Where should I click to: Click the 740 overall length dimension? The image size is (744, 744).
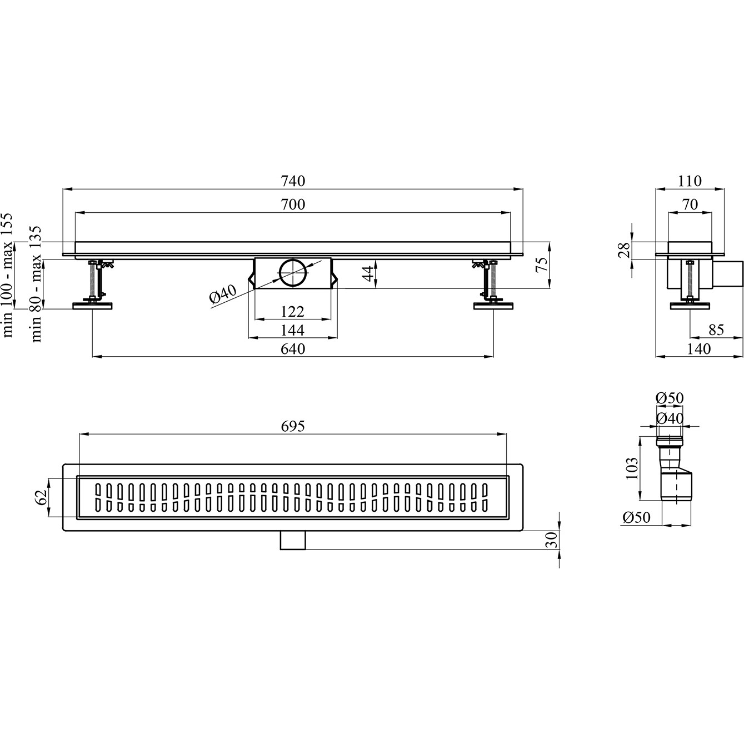click(293, 181)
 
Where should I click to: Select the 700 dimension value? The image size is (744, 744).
click(293, 204)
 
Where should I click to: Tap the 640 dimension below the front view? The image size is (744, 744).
click(293, 348)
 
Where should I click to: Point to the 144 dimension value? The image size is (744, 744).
click(293, 330)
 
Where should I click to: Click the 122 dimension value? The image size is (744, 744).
click(293, 312)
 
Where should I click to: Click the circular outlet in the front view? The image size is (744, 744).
click(293, 273)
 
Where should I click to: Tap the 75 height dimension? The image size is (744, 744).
click(542, 265)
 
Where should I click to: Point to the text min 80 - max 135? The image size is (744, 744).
click(36, 284)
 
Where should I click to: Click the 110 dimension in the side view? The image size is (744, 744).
click(690, 181)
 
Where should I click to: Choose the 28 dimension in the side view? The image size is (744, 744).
click(625, 250)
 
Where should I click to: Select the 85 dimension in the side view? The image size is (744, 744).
click(716, 330)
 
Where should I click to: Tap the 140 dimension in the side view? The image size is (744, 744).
click(699, 348)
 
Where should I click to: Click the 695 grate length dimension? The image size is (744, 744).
click(293, 426)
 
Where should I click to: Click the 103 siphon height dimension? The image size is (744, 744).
click(632, 468)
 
